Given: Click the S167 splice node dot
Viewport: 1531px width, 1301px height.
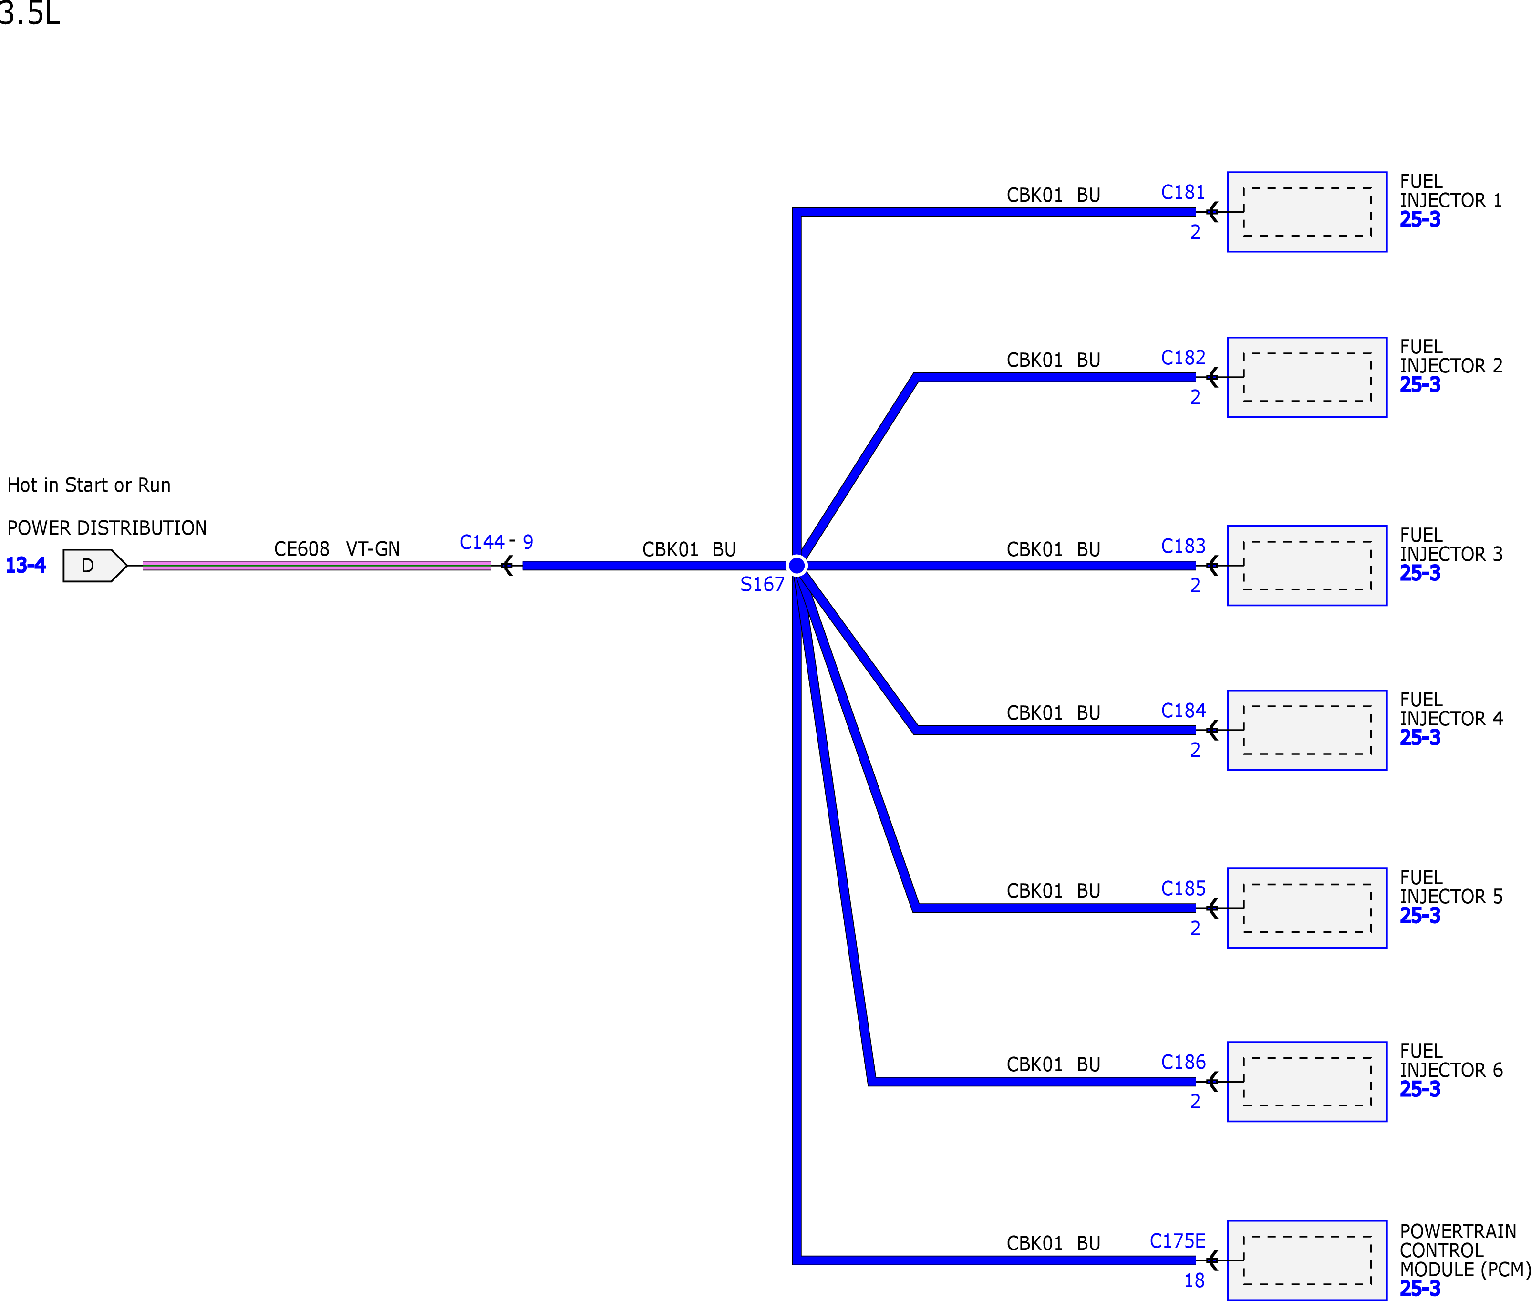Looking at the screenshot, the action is (797, 566).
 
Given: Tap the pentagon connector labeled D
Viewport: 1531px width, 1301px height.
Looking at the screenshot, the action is (95, 566).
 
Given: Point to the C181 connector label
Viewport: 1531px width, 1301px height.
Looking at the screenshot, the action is (1183, 193).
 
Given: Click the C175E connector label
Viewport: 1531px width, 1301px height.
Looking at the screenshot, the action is (1178, 1241).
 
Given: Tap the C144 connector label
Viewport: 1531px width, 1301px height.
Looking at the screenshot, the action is (482, 542).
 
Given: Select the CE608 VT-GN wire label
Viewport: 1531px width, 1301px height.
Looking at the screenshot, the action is (337, 549).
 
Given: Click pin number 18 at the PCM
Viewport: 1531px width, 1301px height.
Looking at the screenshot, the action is (1194, 1280).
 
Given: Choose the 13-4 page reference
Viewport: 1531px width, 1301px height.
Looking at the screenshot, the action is (26, 565).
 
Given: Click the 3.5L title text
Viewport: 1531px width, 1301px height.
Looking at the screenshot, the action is (30, 13).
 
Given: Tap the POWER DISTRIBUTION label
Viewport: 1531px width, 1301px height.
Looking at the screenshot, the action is (107, 527).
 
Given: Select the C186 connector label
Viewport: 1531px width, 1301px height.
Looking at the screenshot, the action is (1183, 1062).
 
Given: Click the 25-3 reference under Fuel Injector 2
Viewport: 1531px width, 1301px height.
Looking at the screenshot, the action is (1420, 384).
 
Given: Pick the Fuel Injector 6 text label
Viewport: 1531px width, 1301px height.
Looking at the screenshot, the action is (1450, 1061).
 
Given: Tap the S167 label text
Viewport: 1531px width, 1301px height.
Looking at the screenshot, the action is (762, 584).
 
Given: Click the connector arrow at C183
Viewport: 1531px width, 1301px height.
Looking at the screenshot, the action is (1212, 566).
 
